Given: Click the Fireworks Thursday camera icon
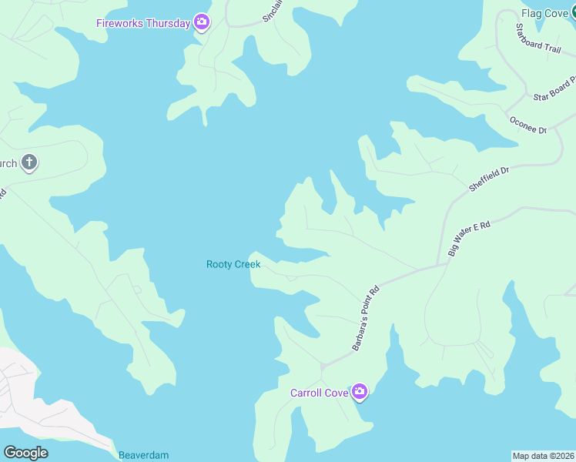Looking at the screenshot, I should tap(202, 22).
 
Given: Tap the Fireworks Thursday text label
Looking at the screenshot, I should tap(142, 23).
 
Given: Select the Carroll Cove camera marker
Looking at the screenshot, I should tap(360, 393).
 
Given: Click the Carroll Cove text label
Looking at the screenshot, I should tap(319, 393).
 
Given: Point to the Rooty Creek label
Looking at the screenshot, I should tap(233, 264).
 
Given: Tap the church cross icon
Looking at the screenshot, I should tap(29, 163).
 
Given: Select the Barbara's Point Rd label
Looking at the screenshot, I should tap(367, 319).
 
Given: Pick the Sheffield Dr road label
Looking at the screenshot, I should tap(490, 179).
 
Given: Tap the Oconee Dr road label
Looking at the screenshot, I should tap(527, 125).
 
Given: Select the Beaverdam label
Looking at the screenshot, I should tap(143, 455).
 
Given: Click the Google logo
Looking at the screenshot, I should tap(25, 453).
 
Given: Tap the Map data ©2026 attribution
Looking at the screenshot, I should tap(543, 455).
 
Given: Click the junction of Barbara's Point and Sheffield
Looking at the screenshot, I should tap(443, 265).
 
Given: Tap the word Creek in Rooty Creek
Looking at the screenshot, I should tap(248, 264).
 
